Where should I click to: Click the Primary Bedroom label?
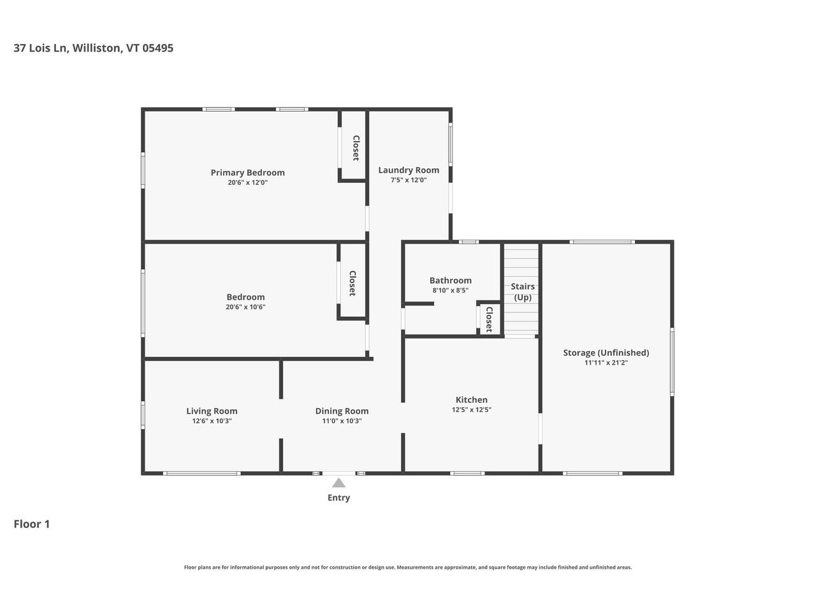coord(247,173)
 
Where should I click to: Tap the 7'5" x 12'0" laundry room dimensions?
coord(409,180)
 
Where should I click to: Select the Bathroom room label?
coord(450,280)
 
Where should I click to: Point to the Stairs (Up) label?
coord(523,292)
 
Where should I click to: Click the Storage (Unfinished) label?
coord(606,353)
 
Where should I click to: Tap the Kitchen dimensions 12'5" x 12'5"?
coord(471,410)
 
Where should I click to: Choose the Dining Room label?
coord(342,411)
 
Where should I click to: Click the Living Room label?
coord(212,411)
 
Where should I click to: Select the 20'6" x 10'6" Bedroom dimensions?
coord(245,307)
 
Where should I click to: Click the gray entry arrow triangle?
coord(339,483)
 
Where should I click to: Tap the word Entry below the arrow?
coord(339,498)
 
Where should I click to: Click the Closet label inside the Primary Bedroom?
coord(356,148)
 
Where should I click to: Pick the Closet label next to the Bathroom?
coord(489,319)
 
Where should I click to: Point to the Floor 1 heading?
coord(32,524)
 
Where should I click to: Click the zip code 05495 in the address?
coord(158,48)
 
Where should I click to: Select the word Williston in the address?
coord(96,48)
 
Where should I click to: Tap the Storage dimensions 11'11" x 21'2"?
coord(606,363)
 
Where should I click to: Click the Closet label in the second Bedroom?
coord(352,283)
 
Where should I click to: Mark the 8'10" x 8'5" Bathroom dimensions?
coord(450,291)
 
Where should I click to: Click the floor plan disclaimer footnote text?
coord(408,567)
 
